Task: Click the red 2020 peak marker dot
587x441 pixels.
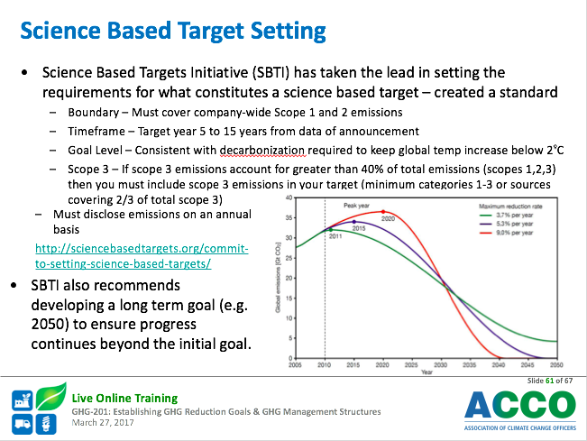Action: pyautogui.click(x=383, y=212)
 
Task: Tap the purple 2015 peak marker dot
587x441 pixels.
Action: pyautogui.click(x=354, y=222)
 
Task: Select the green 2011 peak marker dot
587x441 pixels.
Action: pyautogui.click(x=331, y=230)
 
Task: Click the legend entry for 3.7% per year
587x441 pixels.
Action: pyautogui.click(x=506, y=216)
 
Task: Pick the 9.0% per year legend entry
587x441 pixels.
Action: pyautogui.click(x=506, y=233)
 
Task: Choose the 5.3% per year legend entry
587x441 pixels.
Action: pyautogui.click(x=506, y=224)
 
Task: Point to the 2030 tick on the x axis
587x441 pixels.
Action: pyautogui.click(x=440, y=365)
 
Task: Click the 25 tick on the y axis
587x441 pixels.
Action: pyautogui.click(x=289, y=258)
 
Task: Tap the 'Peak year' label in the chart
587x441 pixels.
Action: pyautogui.click(x=356, y=206)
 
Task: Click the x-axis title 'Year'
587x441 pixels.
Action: pyautogui.click(x=426, y=372)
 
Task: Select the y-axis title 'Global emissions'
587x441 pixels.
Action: pyautogui.click(x=278, y=278)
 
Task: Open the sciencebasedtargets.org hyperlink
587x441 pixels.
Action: pyautogui.click(x=142, y=256)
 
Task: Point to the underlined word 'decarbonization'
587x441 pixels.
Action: pyautogui.click(x=262, y=150)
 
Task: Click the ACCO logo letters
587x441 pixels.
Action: pyautogui.click(x=520, y=405)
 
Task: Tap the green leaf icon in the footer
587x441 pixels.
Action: pyautogui.click(x=51, y=396)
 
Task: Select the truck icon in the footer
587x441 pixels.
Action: pyautogui.click(x=22, y=424)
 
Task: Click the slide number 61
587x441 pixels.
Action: pyautogui.click(x=549, y=381)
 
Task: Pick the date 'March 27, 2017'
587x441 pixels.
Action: pyautogui.click(x=103, y=423)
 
